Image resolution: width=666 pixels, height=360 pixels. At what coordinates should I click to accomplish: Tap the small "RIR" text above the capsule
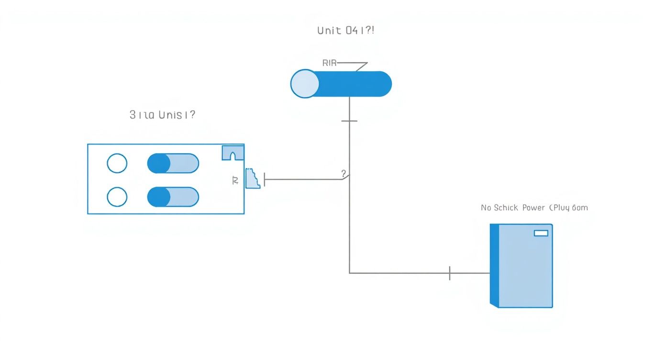[x=330, y=63]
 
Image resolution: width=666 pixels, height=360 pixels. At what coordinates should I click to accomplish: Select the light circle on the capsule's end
[x=305, y=84]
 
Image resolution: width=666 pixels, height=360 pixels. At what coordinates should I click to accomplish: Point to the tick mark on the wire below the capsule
[x=349, y=121]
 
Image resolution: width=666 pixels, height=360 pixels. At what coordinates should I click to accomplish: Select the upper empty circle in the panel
[x=117, y=163]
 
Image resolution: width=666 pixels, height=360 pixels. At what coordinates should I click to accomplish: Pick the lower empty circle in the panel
[x=117, y=197]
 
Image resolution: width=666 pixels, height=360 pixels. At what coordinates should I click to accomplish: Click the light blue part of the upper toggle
[x=184, y=163]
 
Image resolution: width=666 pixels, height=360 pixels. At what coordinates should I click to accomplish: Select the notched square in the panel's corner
[x=233, y=152]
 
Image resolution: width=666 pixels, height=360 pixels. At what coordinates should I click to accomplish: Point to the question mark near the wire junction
[x=344, y=173]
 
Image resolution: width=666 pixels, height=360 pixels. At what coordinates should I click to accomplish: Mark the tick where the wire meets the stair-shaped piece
[x=265, y=180]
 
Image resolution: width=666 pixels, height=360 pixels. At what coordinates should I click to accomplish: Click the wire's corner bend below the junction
[x=350, y=273]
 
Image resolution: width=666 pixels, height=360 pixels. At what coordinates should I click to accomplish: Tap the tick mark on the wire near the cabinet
[x=450, y=273]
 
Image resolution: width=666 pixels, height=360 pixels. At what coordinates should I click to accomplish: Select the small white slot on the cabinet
[x=541, y=233]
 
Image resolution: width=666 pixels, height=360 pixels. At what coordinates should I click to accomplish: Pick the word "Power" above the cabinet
[x=533, y=208]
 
